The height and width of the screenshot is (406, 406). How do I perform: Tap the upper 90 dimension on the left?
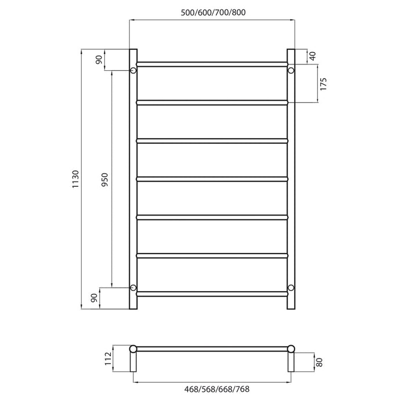pos(99,59)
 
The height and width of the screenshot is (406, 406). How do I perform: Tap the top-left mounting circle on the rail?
pos(133,71)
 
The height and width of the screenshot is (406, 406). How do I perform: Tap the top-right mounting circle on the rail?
pos(291,71)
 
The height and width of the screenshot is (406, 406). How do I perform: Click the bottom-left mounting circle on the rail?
pos(133,288)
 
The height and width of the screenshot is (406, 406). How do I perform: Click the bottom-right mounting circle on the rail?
pos(291,288)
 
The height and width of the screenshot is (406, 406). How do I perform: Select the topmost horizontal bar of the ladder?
pos(212,63)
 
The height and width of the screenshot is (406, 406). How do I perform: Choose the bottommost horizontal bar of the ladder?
pos(212,294)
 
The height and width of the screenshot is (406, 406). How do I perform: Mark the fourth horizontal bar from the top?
pos(212,179)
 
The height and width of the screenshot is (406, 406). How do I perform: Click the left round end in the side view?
pos(134,349)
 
